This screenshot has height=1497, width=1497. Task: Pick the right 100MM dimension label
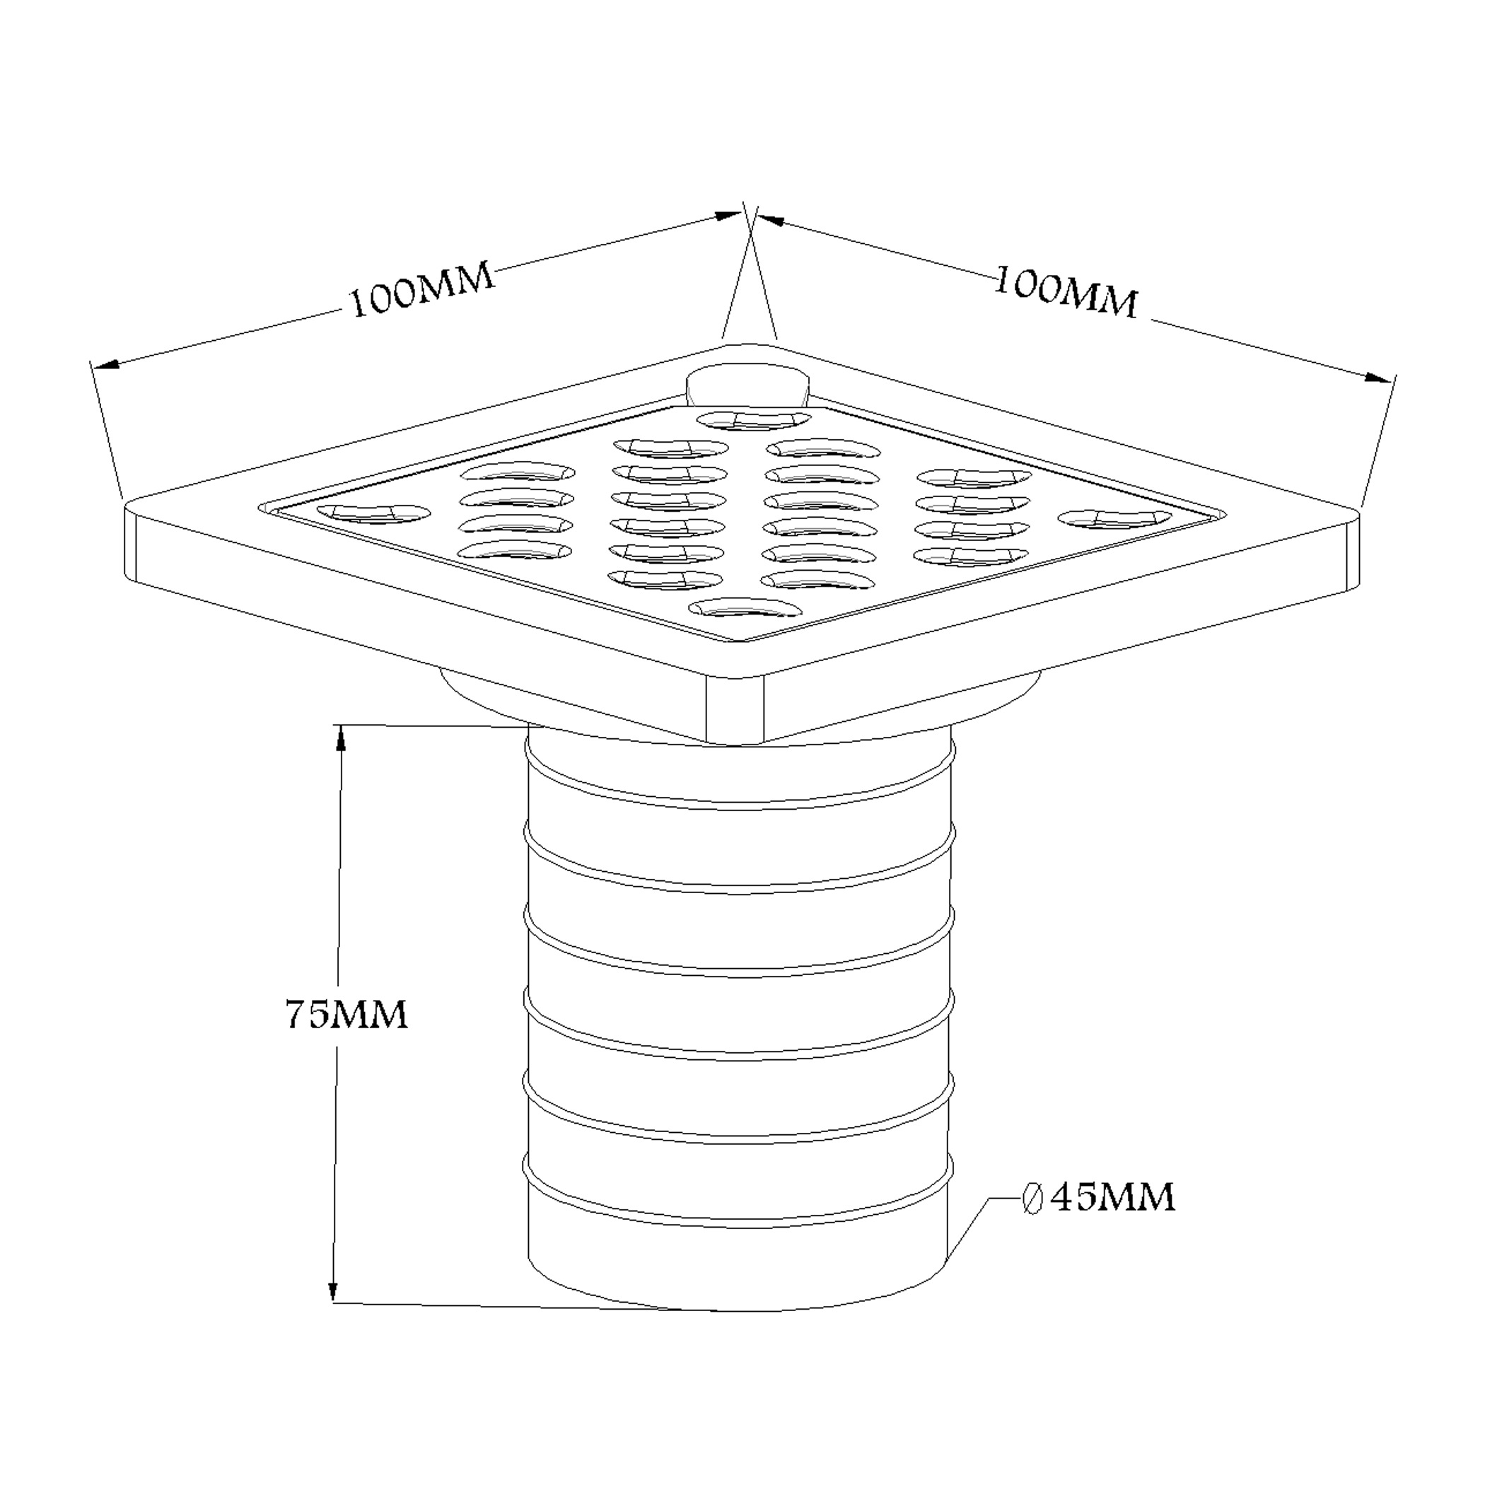click(1066, 292)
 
